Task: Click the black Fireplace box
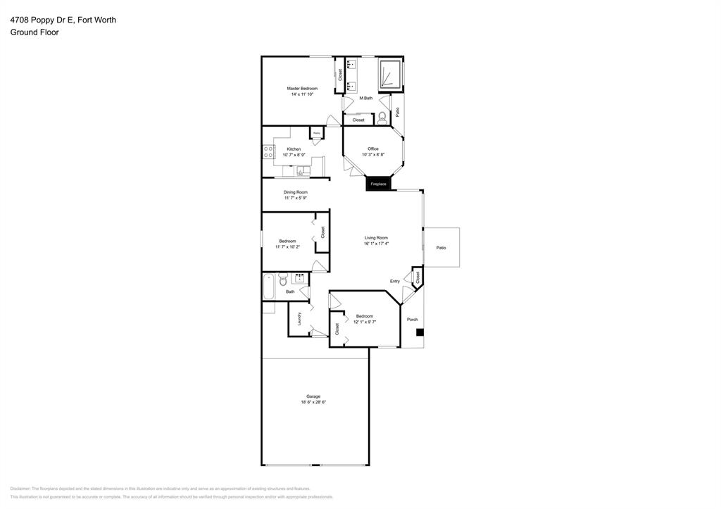378,184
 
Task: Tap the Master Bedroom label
302,89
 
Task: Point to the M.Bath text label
365,98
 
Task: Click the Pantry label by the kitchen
317,133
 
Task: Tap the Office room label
373,149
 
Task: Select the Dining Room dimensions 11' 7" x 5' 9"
296,198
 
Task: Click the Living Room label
376,238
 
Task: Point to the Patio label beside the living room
441,248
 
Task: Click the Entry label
395,282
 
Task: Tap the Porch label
413,320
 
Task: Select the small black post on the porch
419,332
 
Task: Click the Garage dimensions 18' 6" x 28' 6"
313,402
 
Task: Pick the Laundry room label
299,319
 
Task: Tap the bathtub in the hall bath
268,286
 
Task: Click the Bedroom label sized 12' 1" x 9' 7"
365,316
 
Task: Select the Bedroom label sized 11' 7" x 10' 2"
287,241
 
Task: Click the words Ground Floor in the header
35,32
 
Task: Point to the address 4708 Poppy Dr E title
63,20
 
